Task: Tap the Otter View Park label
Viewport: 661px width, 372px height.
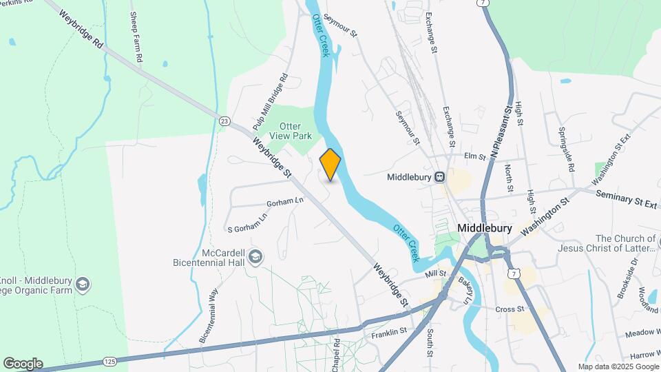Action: (x=295, y=131)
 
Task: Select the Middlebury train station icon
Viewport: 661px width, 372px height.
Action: (x=438, y=177)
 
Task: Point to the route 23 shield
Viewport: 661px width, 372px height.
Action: (x=224, y=121)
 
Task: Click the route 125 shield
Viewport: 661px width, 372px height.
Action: (x=109, y=361)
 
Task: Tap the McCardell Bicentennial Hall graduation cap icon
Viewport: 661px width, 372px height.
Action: (x=255, y=258)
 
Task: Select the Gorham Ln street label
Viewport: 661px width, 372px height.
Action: (x=285, y=202)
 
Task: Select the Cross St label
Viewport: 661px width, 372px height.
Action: (x=510, y=309)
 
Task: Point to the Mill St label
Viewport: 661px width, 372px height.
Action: (x=436, y=274)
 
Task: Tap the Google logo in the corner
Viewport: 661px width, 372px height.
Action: (x=23, y=364)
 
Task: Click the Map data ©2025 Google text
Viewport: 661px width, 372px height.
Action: (x=618, y=366)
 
